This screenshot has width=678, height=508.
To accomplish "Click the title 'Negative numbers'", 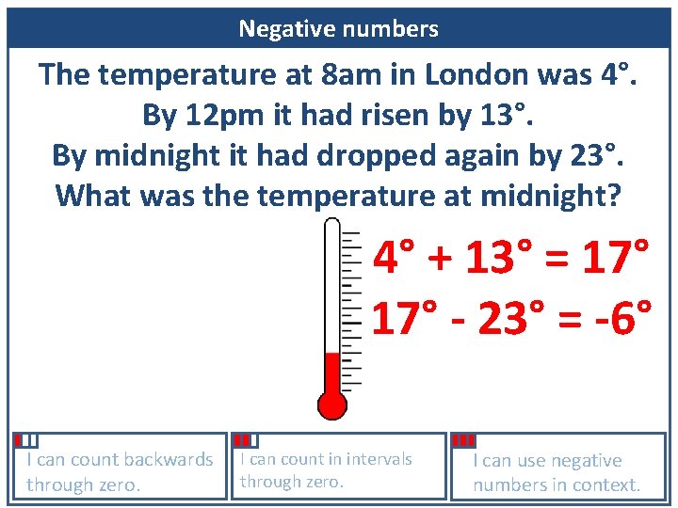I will pyautogui.click(x=338, y=29).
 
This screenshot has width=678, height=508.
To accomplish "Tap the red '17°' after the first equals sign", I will pyautogui.click(x=615, y=257).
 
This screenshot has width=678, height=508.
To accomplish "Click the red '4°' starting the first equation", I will pyautogui.click(x=395, y=257).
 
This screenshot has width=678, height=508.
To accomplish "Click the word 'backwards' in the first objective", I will pyautogui.click(x=167, y=460).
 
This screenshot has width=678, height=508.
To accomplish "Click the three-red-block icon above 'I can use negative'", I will pyautogui.click(x=463, y=440).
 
